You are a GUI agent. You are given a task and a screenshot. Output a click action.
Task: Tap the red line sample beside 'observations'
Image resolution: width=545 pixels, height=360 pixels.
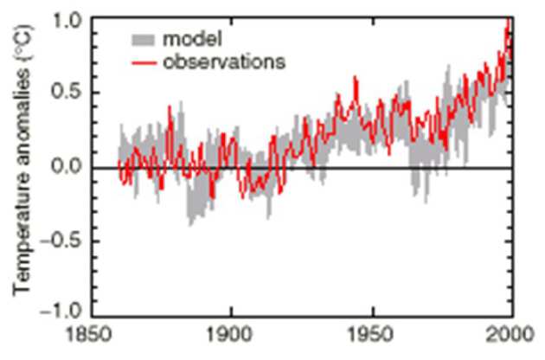144,61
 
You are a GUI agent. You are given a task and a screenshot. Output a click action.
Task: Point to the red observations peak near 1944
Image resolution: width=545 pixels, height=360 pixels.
356,78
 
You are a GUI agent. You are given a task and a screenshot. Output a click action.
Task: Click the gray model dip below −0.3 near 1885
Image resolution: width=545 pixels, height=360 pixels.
190,223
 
